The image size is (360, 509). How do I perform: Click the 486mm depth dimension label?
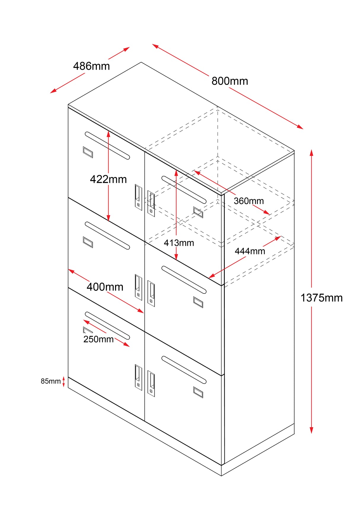tap(91, 66)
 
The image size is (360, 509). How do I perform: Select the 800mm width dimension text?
tap(230, 81)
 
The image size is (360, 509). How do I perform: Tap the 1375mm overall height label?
tap(321, 298)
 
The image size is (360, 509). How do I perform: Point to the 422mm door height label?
tap(108, 179)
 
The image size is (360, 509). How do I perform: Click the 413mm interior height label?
tap(179, 243)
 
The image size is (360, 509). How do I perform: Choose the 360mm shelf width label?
tap(249, 201)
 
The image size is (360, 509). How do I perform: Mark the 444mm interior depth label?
tap(250, 251)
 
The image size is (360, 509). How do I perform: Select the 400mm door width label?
tap(105, 287)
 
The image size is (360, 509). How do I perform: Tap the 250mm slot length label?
tap(98, 339)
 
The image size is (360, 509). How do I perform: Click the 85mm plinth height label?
tap(50, 381)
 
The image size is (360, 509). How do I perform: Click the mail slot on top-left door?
tap(107, 146)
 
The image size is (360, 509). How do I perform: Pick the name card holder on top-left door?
tap(88, 152)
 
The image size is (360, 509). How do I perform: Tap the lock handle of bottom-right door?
tap(151, 384)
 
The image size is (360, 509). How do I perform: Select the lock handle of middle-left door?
tap(138, 287)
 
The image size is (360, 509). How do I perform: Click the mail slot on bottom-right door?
tap(184, 370)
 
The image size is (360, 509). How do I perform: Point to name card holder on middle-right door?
tap(198, 302)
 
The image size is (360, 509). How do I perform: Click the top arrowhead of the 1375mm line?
tap(311, 152)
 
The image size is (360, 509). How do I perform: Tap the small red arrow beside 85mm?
tap(63, 382)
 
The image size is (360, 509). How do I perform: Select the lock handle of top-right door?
tap(151, 203)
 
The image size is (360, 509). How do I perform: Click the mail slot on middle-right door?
tap(184, 280)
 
